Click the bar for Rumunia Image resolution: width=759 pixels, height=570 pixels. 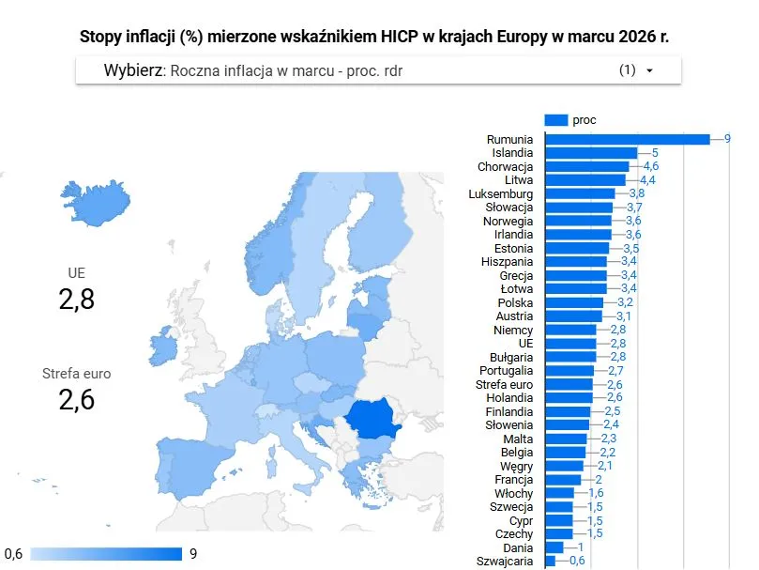627,139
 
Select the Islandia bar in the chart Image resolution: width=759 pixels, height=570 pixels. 590,152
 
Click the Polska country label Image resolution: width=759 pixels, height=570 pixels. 515,302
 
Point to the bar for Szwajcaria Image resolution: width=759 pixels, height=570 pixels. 550,562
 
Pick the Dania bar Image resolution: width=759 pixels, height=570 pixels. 554,547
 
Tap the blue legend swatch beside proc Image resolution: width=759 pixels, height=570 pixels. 555,119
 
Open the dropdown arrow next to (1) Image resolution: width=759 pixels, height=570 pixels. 649,70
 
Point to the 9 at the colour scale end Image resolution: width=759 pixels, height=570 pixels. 193,553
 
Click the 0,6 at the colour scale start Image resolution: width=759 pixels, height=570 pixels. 14,553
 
